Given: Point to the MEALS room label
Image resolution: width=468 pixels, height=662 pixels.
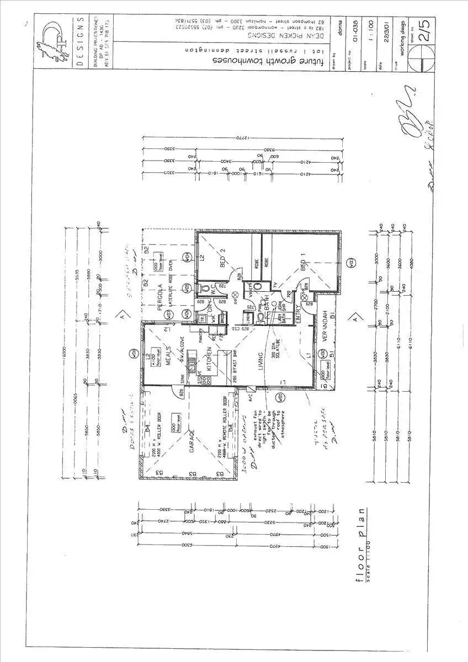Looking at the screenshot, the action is click(165, 361).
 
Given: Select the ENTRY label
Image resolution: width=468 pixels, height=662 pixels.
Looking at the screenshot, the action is click(297, 313).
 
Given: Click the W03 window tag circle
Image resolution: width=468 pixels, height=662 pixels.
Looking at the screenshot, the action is click(351, 264).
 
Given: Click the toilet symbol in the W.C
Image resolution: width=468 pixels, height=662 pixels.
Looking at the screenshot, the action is click(208, 288).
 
